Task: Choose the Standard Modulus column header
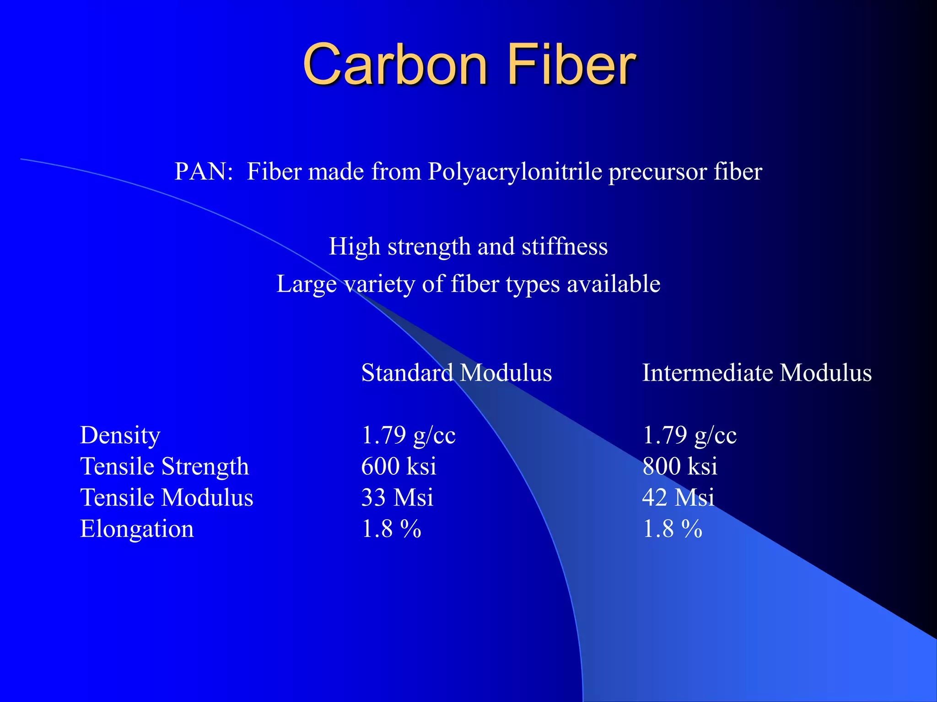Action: coord(456,372)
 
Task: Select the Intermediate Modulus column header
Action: coord(757,372)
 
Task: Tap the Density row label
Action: coord(120,436)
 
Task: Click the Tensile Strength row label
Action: coord(164,467)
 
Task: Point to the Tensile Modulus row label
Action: coord(167,498)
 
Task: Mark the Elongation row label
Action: coord(137,529)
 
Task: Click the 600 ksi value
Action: coord(398,467)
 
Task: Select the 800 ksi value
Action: coord(680,467)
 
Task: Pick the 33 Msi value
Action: coord(397,498)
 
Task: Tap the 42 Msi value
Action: coord(678,498)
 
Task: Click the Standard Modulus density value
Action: coord(408,436)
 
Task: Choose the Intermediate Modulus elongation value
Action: coord(672,529)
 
